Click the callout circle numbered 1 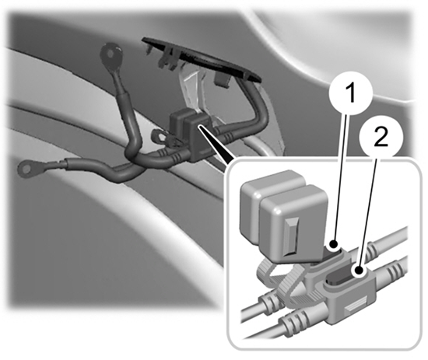pos(351,93)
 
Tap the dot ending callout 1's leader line pos(335,244)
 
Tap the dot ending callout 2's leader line pos(360,271)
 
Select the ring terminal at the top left pos(111,54)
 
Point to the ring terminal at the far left pos(26,170)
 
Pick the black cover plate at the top pos(202,58)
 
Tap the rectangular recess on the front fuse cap pos(292,236)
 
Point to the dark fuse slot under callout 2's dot pos(342,278)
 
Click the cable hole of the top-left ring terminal pos(111,53)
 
